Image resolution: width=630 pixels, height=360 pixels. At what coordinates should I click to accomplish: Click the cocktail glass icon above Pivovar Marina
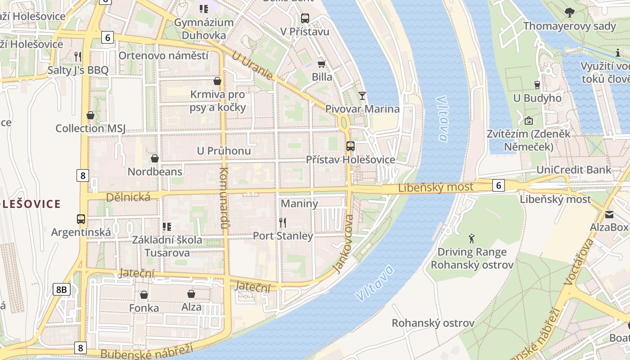[362, 95]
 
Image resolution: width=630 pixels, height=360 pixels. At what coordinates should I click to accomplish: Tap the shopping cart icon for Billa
[321, 64]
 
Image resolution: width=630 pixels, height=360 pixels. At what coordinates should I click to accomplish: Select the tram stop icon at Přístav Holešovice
[350, 146]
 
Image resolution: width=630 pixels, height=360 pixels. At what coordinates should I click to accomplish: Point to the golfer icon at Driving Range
[472, 238]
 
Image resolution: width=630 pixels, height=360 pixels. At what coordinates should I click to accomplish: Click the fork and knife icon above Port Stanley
[283, 222]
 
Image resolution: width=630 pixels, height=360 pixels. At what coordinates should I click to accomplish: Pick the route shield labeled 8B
[61, 289]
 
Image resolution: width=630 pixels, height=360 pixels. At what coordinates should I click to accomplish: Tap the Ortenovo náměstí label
[163, 56]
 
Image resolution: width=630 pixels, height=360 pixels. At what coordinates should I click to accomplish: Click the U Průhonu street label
[224, 151]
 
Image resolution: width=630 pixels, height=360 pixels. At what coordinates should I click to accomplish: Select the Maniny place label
[299, 203]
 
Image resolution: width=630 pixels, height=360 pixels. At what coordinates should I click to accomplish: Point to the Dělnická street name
[128, 197]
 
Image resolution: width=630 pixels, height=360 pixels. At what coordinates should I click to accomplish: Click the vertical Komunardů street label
[225, 198]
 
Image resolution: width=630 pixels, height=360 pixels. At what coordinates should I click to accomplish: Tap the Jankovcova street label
[343, 243]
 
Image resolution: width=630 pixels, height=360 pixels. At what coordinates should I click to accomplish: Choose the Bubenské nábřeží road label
[147, 351]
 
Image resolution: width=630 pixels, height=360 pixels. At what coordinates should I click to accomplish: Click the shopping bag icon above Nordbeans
[155, 158]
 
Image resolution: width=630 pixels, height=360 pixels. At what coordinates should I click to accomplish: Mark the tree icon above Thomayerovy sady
[569, 13]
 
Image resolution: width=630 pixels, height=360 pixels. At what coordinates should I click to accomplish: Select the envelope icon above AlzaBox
[609, 214]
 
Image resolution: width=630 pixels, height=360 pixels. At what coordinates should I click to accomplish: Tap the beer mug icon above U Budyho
[537, 85]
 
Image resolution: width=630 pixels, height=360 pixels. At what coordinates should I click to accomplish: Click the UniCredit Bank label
[574, 170]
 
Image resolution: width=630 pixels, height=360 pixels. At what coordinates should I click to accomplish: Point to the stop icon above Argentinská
[81, 219]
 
